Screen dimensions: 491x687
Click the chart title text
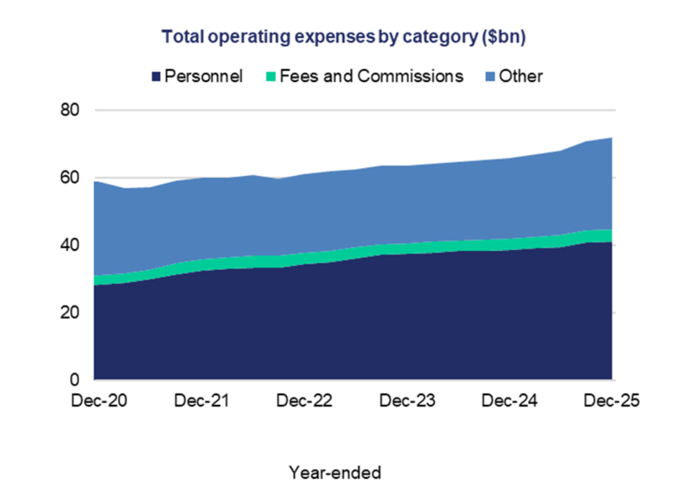(343, 37)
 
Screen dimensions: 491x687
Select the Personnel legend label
(203, 76)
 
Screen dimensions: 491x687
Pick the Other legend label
(521, 76)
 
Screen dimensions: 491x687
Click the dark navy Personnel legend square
(156, 77)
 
